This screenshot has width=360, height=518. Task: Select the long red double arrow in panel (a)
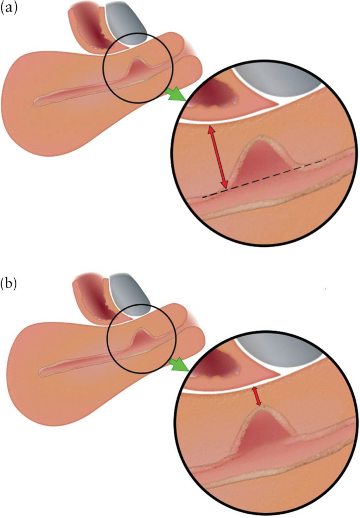click(x=218, y=157)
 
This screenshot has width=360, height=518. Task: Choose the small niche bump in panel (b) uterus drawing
click(x=141, y=337)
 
